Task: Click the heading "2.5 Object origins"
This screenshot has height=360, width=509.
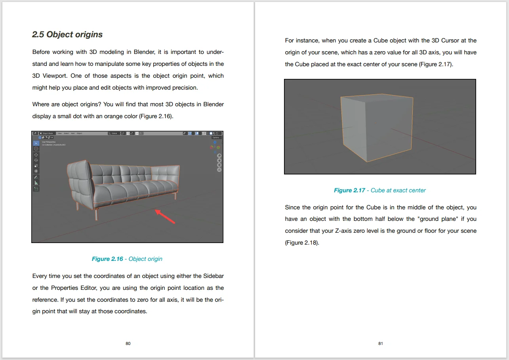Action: pos(67,34)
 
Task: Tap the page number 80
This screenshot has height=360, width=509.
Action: pos(128,343)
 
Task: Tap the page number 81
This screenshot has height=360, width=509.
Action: pos(381,343)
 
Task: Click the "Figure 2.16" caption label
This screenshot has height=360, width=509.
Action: pos(107,259)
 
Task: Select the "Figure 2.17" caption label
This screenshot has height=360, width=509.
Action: pos(349,190)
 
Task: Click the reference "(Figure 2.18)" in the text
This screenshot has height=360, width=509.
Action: pos(302,243)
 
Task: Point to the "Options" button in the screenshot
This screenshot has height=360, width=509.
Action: pos(216,138)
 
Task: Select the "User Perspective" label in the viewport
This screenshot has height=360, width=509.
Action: pos(49,142)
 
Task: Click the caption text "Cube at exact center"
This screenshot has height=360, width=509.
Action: pos(398,190)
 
